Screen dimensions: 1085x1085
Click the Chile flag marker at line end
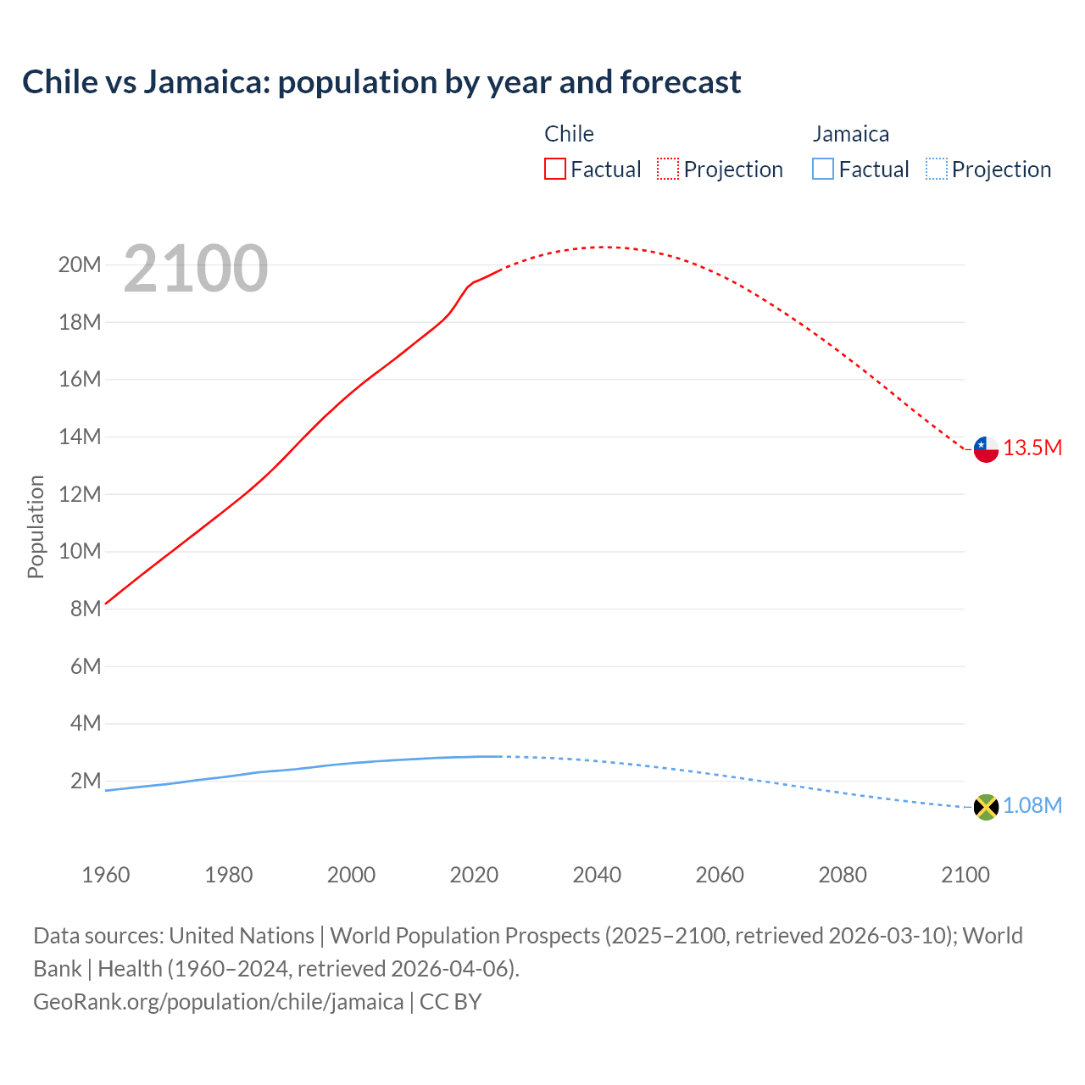coord(986,449)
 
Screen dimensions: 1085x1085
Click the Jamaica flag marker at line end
coord(986,807)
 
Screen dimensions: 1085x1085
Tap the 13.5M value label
coord(1032,448)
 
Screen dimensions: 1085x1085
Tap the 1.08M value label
coord(1032,806)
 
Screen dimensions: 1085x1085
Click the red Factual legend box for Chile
coord(554,169)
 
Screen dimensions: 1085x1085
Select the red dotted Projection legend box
coord(668,169)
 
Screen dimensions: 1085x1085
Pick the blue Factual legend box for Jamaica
coord(823,169)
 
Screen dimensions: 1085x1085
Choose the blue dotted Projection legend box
coord(937,169)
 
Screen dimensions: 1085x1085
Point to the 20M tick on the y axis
coord(80,265)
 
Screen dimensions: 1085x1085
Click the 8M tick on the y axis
coord(86,609)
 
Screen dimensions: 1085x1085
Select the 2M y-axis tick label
coord(86,781)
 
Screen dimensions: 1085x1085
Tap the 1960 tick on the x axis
coord(106,875)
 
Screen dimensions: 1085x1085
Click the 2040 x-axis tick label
coord(597,875)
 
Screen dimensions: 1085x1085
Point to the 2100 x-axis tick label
coord(965,875)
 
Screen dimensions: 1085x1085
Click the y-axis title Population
coord(36,526)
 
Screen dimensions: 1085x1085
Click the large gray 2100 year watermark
coord(196,269)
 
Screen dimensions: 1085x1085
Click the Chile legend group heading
coord(569,134)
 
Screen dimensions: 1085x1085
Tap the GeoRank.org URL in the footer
coord(219,1002)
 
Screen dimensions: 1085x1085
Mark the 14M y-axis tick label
coord(80,437)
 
